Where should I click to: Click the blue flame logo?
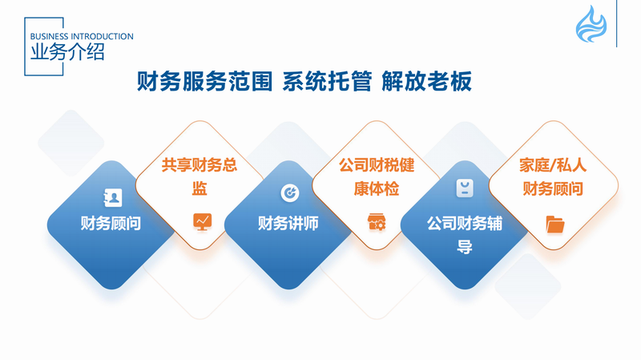tap(591, 25)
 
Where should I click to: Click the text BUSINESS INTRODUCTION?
tap(82, 36)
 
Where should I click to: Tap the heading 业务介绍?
tap(67, 52)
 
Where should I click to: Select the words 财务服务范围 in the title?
tap(204, 81)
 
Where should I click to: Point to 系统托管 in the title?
tap(327, 81)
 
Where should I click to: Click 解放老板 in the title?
tap(427, 81)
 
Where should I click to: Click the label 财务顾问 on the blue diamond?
tap(111, 224)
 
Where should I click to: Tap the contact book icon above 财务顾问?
tap(113, 197)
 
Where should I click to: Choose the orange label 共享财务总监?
tap(200, 176)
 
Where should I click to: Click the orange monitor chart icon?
tap(203, 222)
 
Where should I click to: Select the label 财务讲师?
tap(288, 224)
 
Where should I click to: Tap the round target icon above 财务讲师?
tap(290, 192)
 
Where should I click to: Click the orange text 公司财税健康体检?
tap(377, 176)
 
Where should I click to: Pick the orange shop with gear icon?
tap(377, 222)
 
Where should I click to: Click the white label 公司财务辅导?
tap(465, 235)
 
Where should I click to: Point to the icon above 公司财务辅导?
tap(465, 188)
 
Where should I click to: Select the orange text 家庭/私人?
tap(553, 165)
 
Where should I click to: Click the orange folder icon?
tap(555, 224)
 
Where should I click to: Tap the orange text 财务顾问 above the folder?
tap(553, 189)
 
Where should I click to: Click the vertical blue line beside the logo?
tap(616, 23)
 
